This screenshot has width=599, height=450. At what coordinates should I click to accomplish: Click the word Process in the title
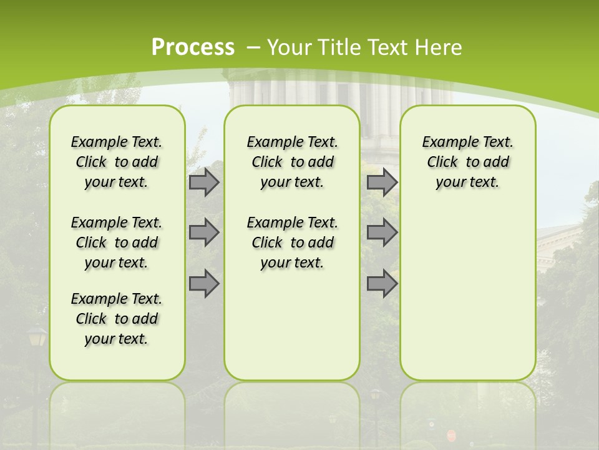[193, 47]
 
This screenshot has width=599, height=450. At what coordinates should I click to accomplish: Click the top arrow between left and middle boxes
[203, 182]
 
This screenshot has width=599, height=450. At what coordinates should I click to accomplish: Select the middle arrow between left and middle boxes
[203, 232]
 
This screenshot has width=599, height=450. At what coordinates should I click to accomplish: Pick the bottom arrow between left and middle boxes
[203, 283]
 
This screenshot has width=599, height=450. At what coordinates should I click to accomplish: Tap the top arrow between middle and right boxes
[382, 182]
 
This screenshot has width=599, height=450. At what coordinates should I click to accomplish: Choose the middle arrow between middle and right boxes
[382, 232]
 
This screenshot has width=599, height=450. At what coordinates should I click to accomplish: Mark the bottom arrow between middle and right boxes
[382, 283]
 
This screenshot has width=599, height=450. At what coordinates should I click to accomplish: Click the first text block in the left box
[117, 162]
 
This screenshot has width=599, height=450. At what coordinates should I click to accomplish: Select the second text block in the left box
[117, 242]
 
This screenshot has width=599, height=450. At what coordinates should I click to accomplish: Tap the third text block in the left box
[117, 319]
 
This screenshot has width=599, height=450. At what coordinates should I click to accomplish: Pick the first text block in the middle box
[292, 162]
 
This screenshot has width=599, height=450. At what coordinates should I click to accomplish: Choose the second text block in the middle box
[292, 242]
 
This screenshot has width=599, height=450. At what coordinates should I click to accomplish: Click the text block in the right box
[467, 162]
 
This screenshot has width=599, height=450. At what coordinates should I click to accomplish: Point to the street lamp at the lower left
[37, 337]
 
